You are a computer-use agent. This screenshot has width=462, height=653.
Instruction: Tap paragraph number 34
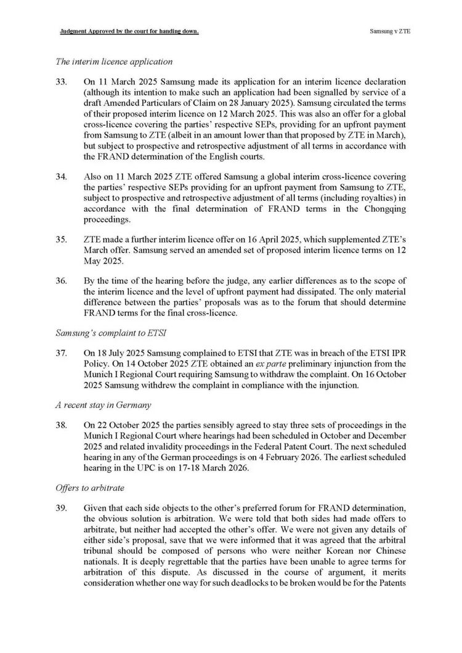tap(62, 177)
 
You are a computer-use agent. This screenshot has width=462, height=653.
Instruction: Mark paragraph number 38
tap(62, 424)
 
